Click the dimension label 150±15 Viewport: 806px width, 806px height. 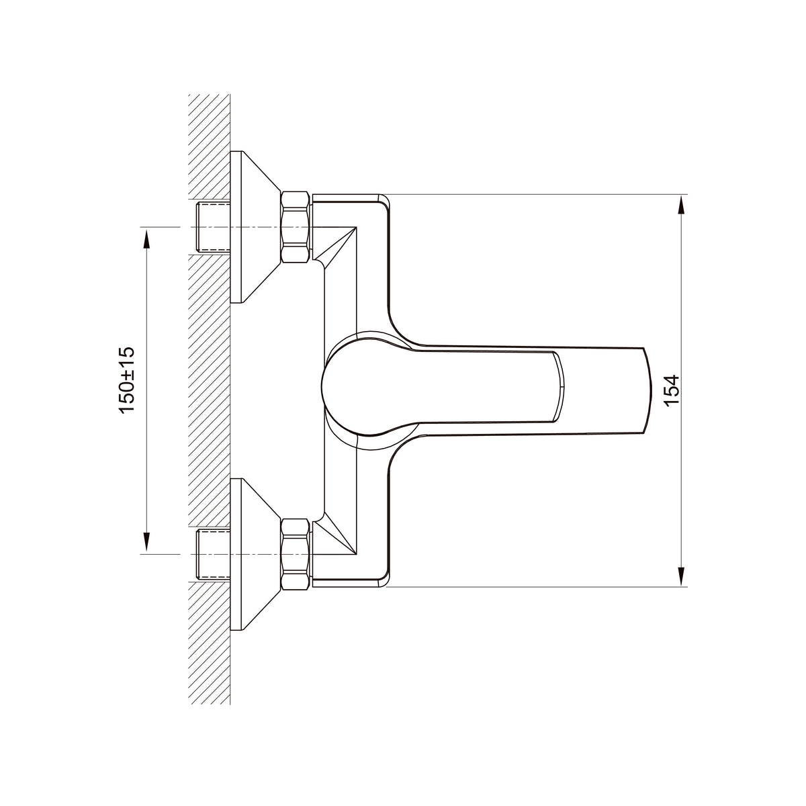128,379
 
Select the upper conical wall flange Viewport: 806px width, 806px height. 255,227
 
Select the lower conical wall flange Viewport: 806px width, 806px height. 255,554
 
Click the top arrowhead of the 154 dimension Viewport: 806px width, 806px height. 681,207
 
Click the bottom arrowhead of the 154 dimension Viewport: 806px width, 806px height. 681,575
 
